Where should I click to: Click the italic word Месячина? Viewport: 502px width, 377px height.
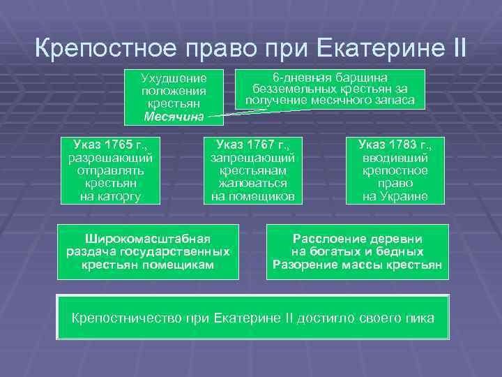(174, 116)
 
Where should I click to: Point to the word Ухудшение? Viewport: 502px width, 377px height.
(174, 78)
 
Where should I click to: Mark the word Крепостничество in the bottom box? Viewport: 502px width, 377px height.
(127, 318)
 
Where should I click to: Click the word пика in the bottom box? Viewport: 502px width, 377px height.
(419, 318)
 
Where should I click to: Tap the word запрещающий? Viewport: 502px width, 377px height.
(253, 158)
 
